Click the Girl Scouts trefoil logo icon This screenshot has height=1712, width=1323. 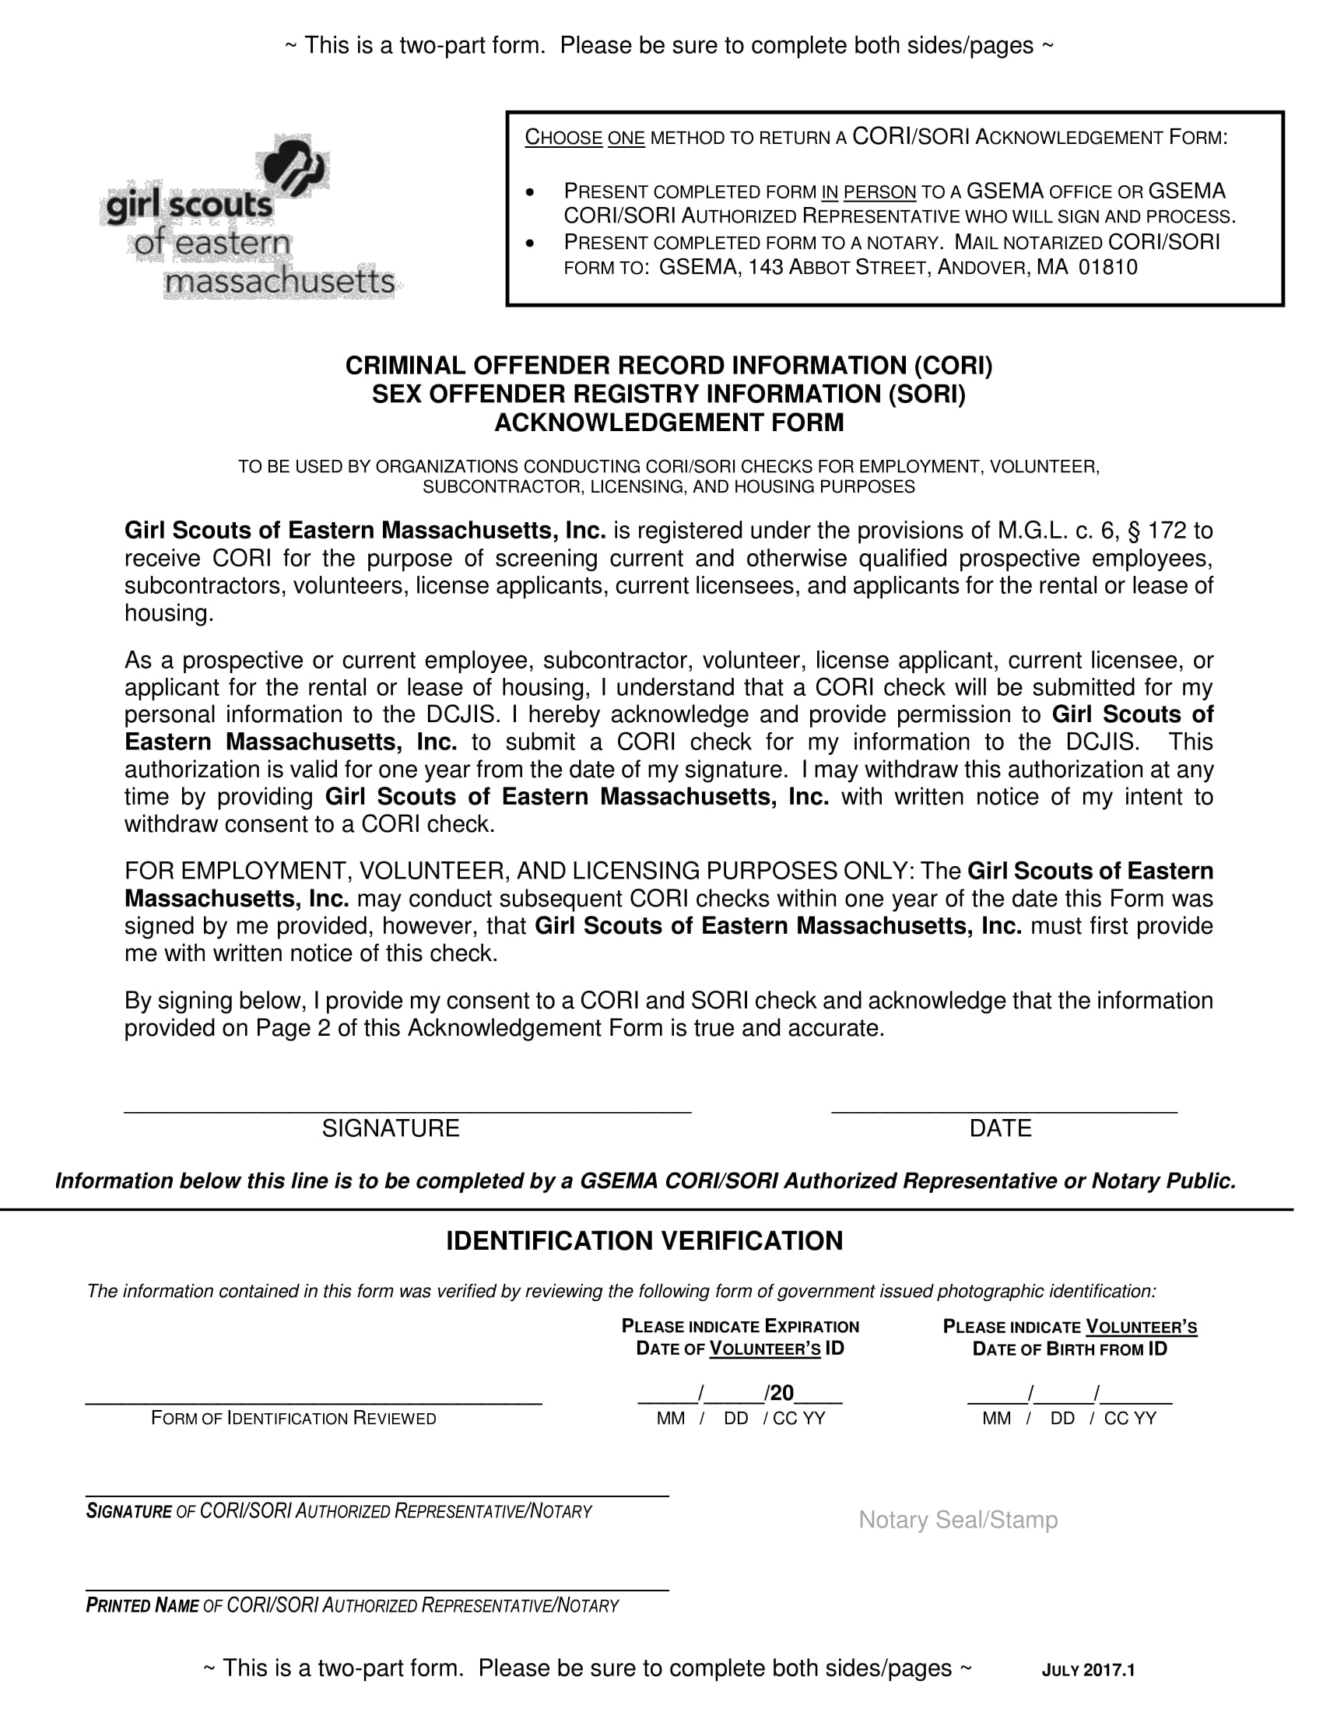coord(294,166)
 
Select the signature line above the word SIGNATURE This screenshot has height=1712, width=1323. coord(408,1110)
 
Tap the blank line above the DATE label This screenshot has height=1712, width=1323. coord(1004,1110)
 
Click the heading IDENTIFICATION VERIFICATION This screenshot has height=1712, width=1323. coord(644,1241)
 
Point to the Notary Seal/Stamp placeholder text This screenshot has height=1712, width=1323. coord(958,1520)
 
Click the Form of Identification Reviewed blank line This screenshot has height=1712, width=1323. coord(314,1403)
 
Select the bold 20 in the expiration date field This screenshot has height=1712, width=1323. coord(781,1393)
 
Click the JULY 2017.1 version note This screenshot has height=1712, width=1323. coord(1088,1671)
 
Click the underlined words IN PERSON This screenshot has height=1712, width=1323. coord(869,192)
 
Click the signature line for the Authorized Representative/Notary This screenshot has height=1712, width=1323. coord(376,1496)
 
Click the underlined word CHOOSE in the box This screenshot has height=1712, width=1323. coord(563,138)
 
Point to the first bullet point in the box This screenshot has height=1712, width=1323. coord(532,193)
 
